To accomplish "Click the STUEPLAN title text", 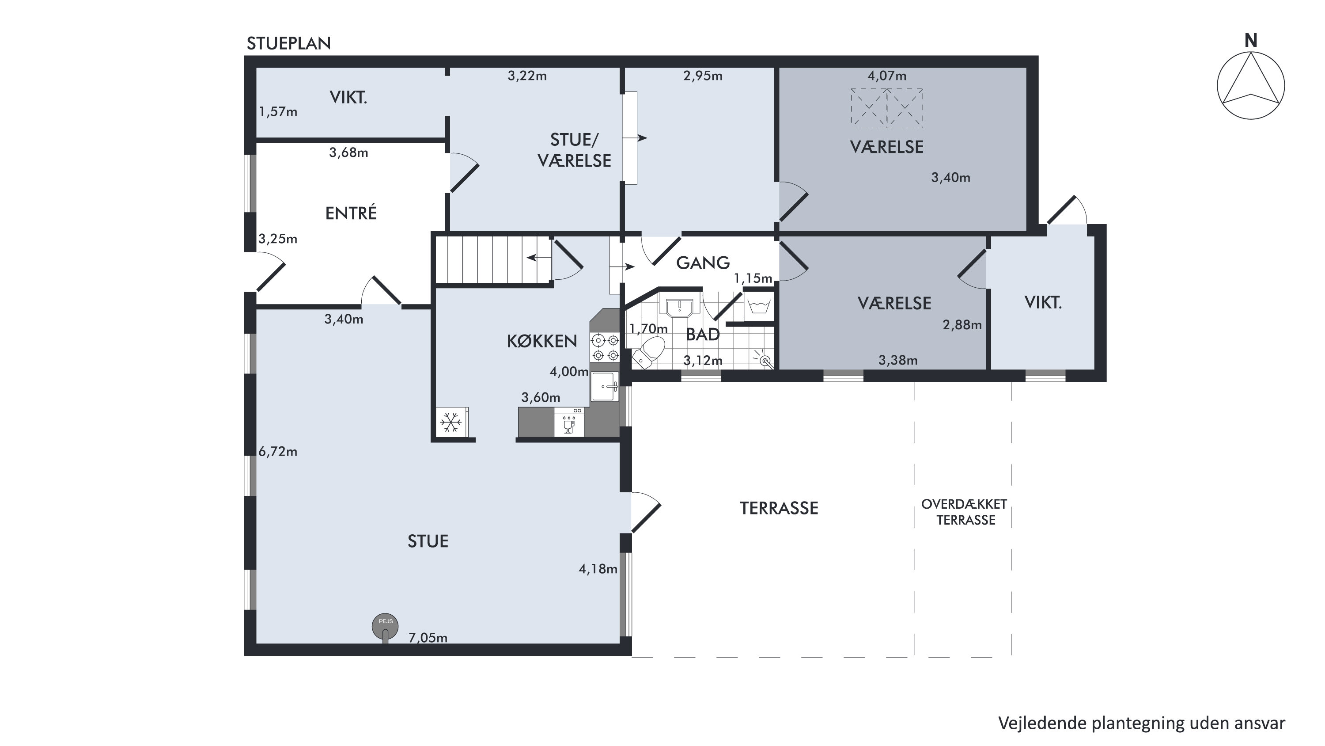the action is click(x=288, y=44).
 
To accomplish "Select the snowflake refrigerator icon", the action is click(x=451, y=422).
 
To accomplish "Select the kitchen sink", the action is click(x=605, y=386).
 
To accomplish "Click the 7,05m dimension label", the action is click(x=428, y=638).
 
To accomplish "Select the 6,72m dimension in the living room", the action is click(x=278, y=452).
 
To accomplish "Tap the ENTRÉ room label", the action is click(x=351, y=213).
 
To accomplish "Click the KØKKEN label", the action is click(x=541, y=341).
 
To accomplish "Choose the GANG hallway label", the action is click(x=703, y=263).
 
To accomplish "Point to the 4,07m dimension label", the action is click(x=887, y=76).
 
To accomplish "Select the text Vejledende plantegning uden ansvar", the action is click(x=1142, y=723).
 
